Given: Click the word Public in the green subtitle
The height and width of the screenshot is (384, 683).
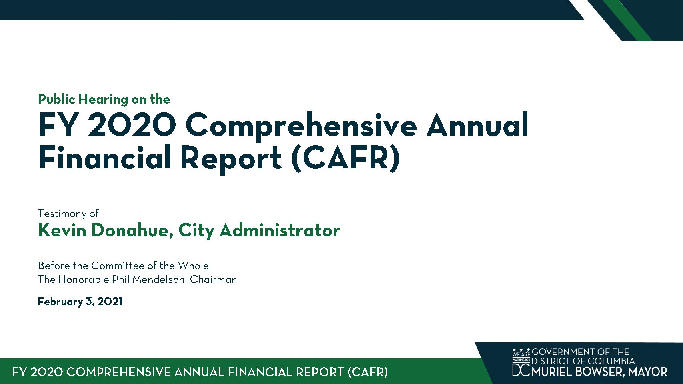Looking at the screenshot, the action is point(56,99).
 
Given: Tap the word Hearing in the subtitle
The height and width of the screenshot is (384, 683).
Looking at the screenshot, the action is point(103,100).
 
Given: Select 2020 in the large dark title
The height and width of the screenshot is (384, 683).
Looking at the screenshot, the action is point(132,125).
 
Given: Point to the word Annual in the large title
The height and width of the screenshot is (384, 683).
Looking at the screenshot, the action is point(477,124).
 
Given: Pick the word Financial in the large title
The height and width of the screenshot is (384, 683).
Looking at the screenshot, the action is point(104,158).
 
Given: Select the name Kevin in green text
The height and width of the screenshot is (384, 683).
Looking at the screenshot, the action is point(62,230).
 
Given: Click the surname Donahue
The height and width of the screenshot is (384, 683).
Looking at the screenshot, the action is point(130,231).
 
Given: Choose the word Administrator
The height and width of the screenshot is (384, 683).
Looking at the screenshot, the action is point(280,230).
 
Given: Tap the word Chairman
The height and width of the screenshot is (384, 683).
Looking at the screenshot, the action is point(213,280).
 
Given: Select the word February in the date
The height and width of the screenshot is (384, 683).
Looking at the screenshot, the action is point(60,302).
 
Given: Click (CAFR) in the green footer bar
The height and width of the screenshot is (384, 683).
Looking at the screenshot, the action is point(368,372).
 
